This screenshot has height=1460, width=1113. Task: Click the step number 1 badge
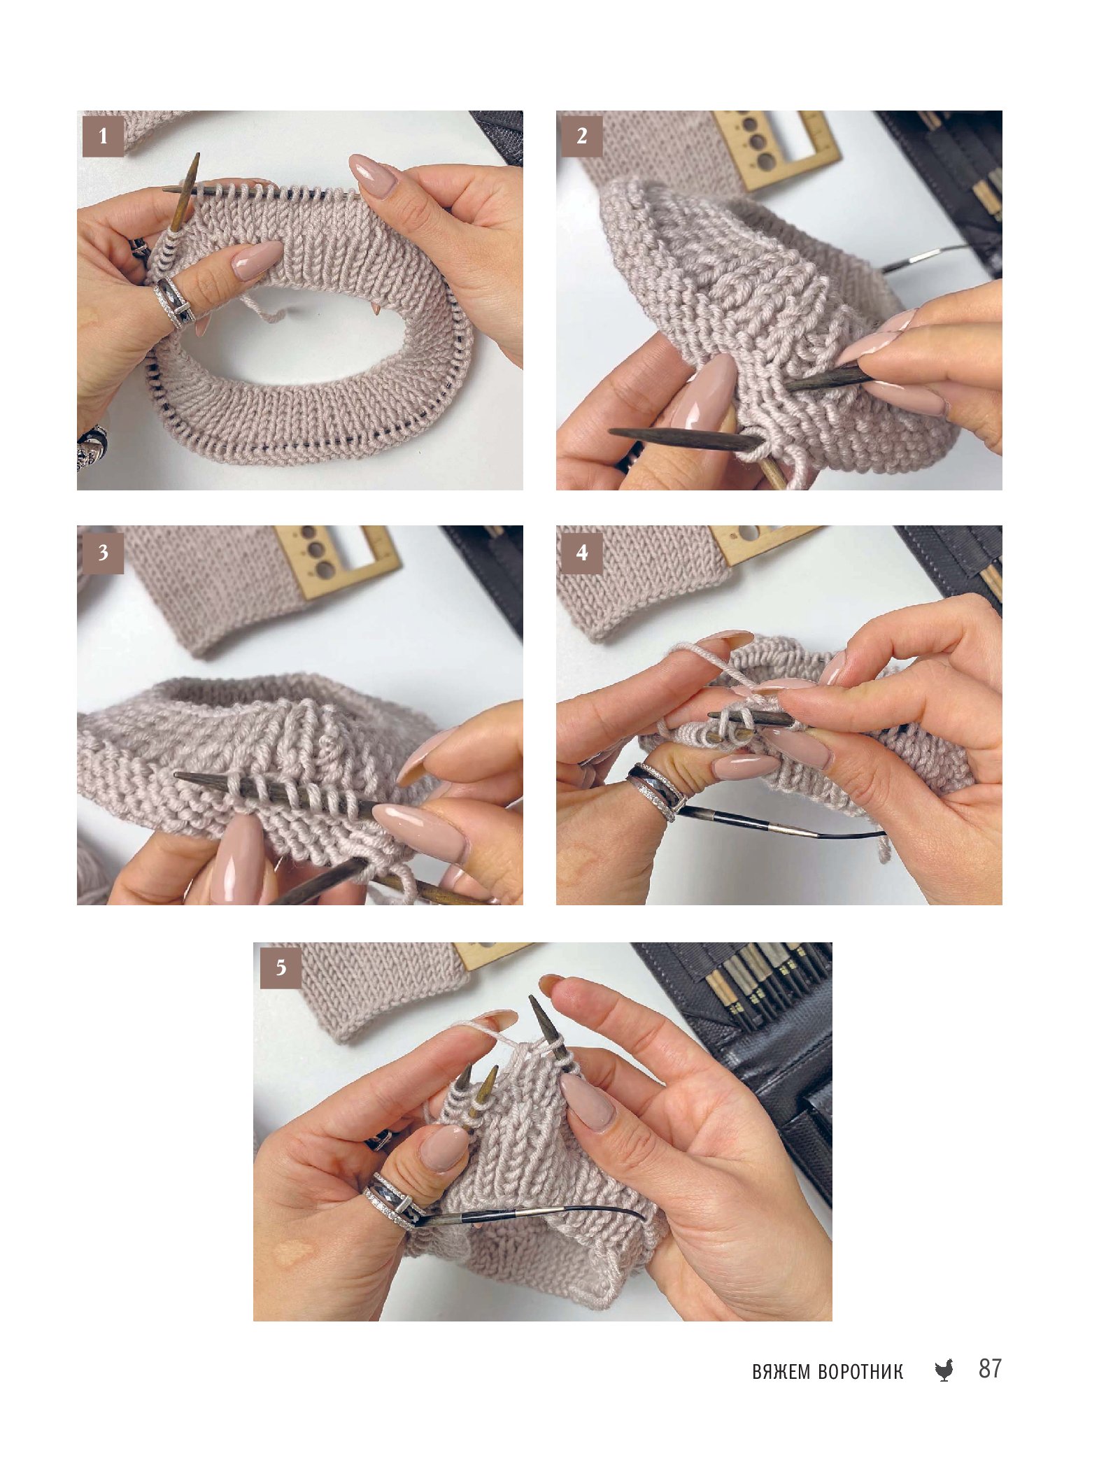tap(103, 136)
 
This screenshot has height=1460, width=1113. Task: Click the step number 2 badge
tap(582, 136)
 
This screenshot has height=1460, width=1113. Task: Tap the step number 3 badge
tap(103, 553)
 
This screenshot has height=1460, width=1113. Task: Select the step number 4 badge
tap(582, 553)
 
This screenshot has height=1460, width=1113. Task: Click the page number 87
tap(990, 1368)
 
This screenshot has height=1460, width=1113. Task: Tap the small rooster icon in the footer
tap(944, 1370)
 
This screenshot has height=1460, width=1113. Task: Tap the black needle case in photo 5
tap(763, 1063)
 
